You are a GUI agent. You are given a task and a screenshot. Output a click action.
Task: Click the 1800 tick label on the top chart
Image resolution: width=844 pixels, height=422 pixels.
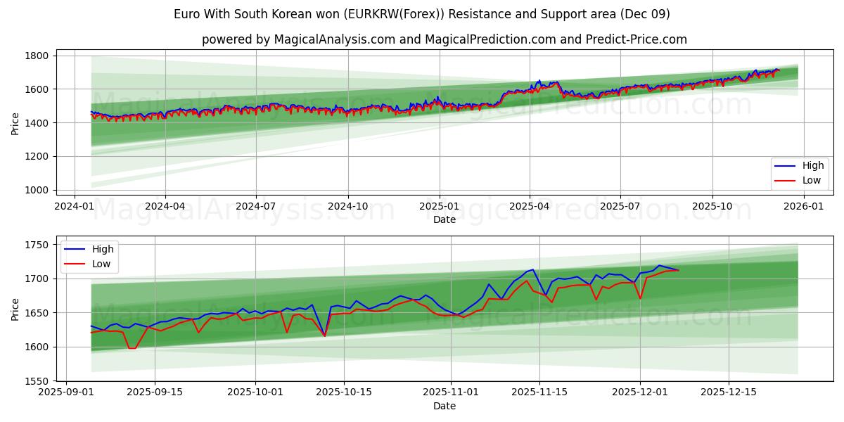point(36,56)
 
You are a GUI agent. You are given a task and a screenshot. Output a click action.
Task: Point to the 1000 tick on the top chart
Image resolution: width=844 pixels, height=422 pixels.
point(36,190)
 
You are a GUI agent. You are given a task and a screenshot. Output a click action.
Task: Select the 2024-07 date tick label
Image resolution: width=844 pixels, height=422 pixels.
point(255,207)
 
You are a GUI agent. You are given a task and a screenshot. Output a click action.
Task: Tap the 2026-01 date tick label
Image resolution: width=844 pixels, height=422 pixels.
point(803,207)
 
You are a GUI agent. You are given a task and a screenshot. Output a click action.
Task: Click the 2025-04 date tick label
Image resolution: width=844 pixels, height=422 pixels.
point(529,207)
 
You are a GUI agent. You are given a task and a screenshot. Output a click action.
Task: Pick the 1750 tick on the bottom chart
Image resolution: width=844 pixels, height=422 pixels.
point(36,245)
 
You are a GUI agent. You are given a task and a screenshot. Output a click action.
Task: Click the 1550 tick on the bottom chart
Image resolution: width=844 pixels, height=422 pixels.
point(36,381)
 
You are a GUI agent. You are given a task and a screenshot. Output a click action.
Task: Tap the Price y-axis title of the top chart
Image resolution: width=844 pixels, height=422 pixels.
point(15,123)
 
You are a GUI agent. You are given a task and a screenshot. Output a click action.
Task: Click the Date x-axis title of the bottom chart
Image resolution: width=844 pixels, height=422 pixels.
point(445,406)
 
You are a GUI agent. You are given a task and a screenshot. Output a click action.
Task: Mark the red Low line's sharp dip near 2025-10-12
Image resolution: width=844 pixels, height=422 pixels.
point(324,336)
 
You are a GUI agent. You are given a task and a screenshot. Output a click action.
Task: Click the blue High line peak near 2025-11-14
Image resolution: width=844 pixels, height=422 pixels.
point(533,269)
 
